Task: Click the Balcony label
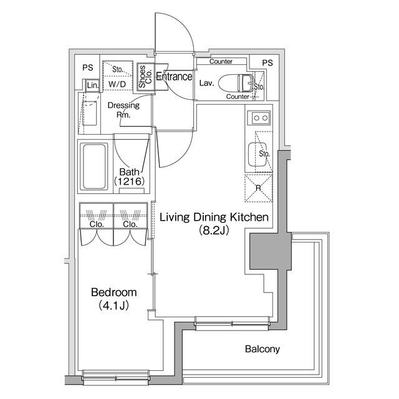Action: pyautogui.click(x=261, y=349)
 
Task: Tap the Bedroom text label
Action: pyautogui.click(x=114, y=292)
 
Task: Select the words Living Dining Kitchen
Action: pyautogui.click(x=214, y=218)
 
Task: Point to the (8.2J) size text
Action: pyautogui.click(x=214, y=230)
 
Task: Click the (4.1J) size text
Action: pyautogui.click(x=114, y=305)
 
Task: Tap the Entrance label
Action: pyautogui.click(x=174, y=77)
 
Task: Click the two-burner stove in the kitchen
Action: pyautogui.click(x=258, y=117)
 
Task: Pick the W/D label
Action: pyautogui.click(x=116, y=84)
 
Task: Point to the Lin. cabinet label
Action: pyautogui.click(x=92, y=85)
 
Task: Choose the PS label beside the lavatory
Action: pyautogui.click(x=267, y=63)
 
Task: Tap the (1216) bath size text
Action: pyautogui.click(x=129, y=181)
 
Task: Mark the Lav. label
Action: pyautogui.click(x=206, y=83)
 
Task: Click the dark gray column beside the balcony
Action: pyautogui.click(x=268, y=252)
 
